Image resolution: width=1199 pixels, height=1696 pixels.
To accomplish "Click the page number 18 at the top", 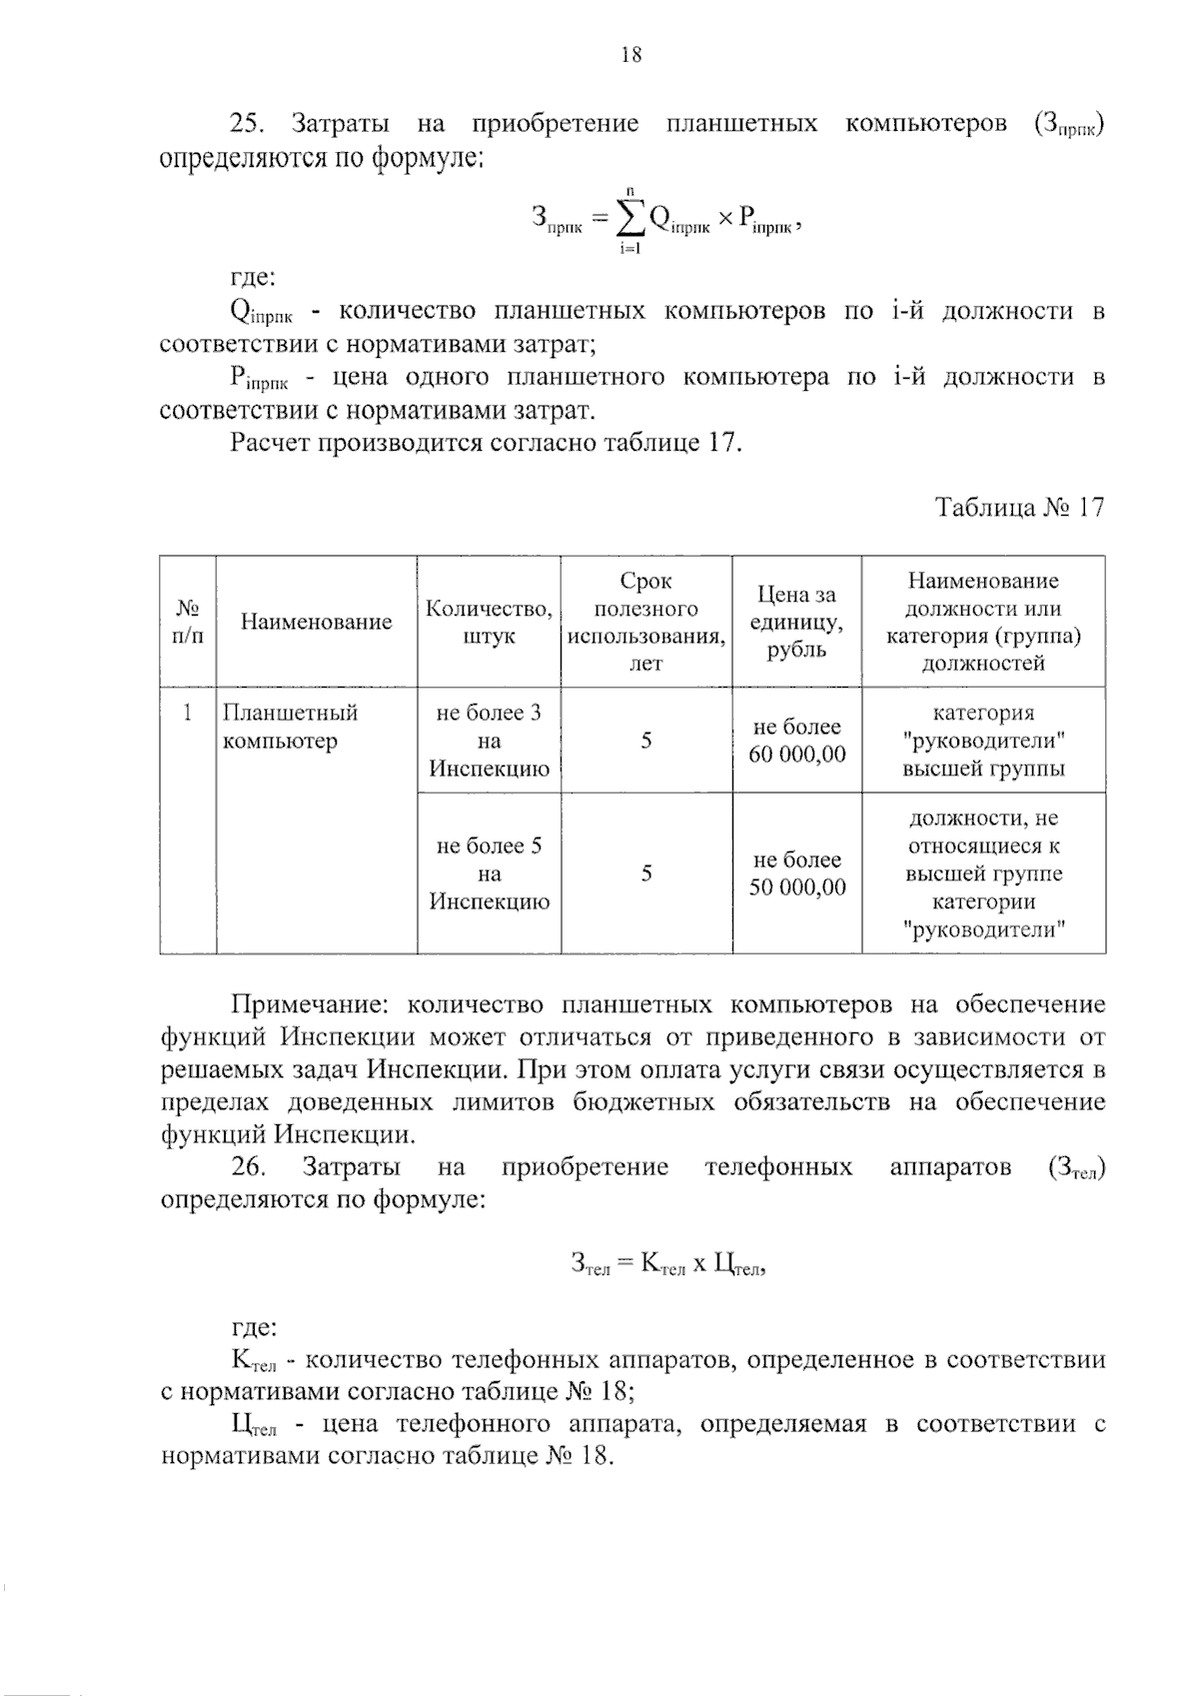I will coord(630,55).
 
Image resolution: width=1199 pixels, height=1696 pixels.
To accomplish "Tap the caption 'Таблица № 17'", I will coord(1019,508).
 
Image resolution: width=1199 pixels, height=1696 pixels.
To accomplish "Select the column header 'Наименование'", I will coord(316,622).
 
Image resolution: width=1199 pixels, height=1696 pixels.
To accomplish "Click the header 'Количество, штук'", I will coord(489,622).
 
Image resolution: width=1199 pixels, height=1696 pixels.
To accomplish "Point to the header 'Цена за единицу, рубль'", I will coord(796,622).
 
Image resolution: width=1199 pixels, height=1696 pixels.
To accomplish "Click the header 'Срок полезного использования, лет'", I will coord(645,622).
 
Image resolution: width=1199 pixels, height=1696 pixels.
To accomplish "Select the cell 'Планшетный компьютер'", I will coord(290,727).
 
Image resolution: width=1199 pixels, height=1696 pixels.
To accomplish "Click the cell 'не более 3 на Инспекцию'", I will coord(489,741).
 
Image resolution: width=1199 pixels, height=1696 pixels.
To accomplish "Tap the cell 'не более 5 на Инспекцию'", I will coord(489,873).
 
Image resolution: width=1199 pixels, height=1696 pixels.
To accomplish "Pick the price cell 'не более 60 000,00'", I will coord(796,741).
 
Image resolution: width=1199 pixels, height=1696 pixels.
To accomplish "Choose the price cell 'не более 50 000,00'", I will coord(796,873).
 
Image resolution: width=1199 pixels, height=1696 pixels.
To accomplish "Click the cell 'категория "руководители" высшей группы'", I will coord(983,741).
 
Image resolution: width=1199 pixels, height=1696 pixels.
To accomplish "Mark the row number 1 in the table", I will coord(187,714).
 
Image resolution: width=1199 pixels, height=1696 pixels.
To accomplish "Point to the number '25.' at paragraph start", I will coord(246,124).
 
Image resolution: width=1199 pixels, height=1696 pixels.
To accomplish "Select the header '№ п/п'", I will coord(188,622).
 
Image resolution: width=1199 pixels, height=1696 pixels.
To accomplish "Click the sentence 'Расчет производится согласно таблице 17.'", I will coord(486,443).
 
